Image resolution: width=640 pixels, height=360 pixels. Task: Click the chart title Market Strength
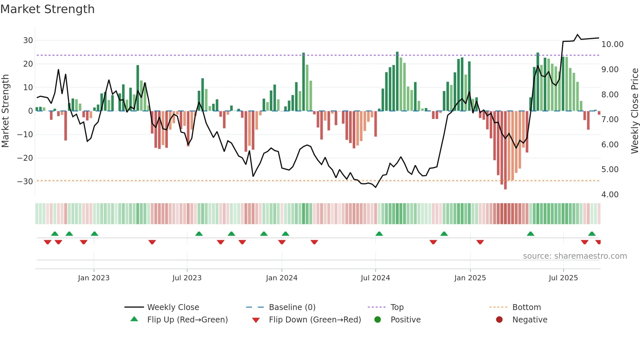tap(47, 9)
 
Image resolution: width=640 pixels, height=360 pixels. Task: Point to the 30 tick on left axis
tap(28, 41)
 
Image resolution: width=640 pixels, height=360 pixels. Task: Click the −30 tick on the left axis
tap(25, 182)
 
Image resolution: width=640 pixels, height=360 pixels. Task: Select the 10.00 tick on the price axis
tap(612, 44)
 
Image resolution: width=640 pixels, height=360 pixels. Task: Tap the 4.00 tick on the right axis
tap(610, 195)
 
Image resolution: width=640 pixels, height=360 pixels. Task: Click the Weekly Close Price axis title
tap(634, 111)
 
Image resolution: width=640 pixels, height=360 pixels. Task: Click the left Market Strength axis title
tap(5, 111)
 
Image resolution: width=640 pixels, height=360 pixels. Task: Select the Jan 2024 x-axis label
tap(281, 278)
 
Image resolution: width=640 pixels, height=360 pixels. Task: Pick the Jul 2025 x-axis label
tap(563, 278)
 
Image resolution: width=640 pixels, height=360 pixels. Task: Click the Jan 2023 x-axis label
tap(94, 278)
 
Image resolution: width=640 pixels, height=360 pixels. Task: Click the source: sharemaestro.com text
tap(575, 256)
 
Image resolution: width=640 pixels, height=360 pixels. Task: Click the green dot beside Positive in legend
tap(378, 319)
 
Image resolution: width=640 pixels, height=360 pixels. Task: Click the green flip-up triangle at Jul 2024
tap(379, 234)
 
